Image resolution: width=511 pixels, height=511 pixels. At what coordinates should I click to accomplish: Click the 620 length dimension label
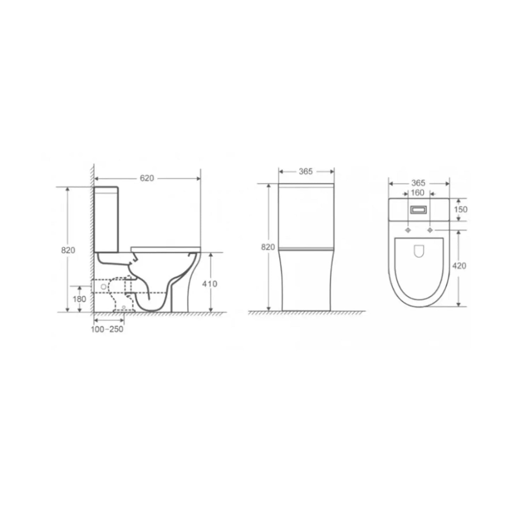(x=147, y=178)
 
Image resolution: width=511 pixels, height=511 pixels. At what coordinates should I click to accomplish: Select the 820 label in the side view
(x=68, y=250)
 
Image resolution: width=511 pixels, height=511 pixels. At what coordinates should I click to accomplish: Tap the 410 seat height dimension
(x=210, y=284)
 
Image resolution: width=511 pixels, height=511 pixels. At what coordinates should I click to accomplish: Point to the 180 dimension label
(x=80, y=299)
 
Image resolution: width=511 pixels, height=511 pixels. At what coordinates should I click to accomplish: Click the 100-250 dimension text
(x=107, y=329)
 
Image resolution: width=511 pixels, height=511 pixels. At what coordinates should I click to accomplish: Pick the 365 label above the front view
(x=306, y=172)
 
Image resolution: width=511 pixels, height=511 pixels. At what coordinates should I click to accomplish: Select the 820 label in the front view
(x=268, y=247)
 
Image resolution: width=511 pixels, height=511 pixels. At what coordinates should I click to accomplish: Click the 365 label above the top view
(x=418, y=183)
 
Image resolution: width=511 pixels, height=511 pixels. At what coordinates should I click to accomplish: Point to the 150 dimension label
(x=461, y=209)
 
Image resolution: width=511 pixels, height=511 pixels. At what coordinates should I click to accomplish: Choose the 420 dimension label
(x=459, y=266)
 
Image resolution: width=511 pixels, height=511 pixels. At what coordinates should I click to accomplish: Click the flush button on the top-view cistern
(x=419, y=210)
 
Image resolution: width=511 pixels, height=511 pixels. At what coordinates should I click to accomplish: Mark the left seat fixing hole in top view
(x=408, y=230)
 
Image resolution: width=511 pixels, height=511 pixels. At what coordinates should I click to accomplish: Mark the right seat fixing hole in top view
(x=430, y=230)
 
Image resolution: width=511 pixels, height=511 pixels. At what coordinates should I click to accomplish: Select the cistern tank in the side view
(x=106, y=219)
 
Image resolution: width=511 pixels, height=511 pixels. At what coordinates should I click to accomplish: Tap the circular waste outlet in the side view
(x=103, y=287)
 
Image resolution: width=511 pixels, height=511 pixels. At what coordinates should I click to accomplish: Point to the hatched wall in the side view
(x=92, y=240)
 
